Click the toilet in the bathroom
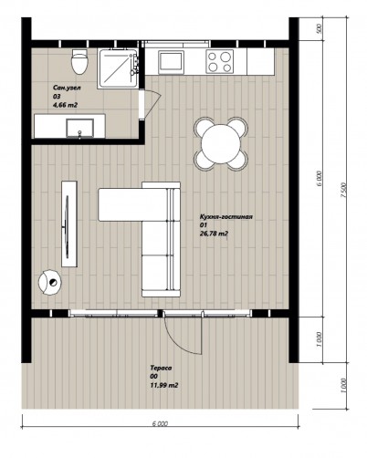pyautogui.click(x=79, y=61)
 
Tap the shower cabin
pyautogui.click(x=118, y=68)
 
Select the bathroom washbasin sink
pyautogui.click(x=80, y=129)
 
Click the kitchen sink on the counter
pyautogui.click(x=171, y=62)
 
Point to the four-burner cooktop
pyautogui.click(x=220, y=61)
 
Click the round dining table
pyautogui.click(x=221, y=143)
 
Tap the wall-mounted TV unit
pyautogui.click(x=69, y=224)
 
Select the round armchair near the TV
pyautogui.click(x=50, y=282)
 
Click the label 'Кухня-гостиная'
pyautogui.click(x=226, y=217)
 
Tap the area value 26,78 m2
pyautogui.click(x=215, y=234)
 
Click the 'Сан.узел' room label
pyautogui.click(x=67, y=88)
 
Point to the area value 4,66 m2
pyautogui.click(x=65, y=105)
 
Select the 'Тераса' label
pyautogui.click(x=161, y=368)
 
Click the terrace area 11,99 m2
pyautogui.click(x=164, y=385)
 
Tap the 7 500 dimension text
pyautogui.click(x=343, y=191)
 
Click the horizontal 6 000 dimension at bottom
pyautogui.click(x=160, y=423)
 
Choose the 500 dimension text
pyautogui.click(x=319, y=29)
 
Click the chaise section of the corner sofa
pyautogui.click(x=132, y=204)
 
